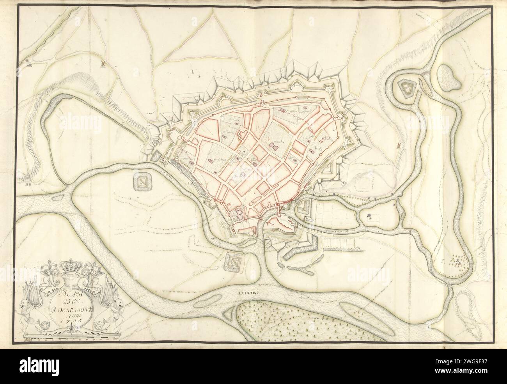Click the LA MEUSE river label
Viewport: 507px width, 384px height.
click(248, 292)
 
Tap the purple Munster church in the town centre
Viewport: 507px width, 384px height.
click(273, 146)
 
